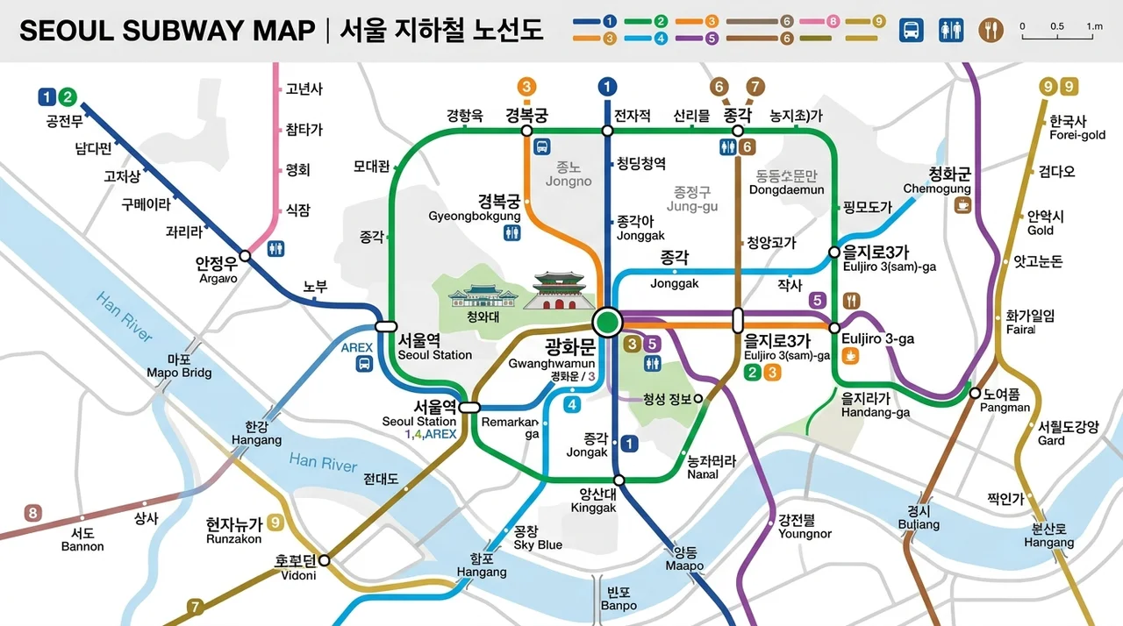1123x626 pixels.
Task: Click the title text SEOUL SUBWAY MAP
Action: coord(167,31)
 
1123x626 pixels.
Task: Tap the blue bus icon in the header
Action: coord(912,31)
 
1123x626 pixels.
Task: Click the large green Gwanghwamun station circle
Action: coord(606,322)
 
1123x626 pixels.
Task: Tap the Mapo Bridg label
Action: coord(179,366)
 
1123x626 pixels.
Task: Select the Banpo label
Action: coord(619,600)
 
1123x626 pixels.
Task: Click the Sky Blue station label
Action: coord(537,538)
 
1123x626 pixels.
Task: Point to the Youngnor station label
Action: coord(804,527)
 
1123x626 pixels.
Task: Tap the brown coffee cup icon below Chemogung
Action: coord(963,205)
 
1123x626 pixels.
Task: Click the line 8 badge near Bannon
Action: coord(32,513)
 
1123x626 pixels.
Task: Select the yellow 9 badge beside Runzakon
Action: coord(275,523)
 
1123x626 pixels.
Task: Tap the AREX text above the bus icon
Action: coord(357,347)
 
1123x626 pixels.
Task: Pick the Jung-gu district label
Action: coord(690,199)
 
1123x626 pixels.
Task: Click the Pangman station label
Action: coord(1005,401)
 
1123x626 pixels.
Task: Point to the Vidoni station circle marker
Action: coord(324,559)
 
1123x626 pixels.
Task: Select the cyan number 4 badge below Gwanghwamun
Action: coord(573,404)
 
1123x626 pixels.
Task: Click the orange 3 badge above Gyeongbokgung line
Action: coord(526,86)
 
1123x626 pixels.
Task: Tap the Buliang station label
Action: coord(919,518)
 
